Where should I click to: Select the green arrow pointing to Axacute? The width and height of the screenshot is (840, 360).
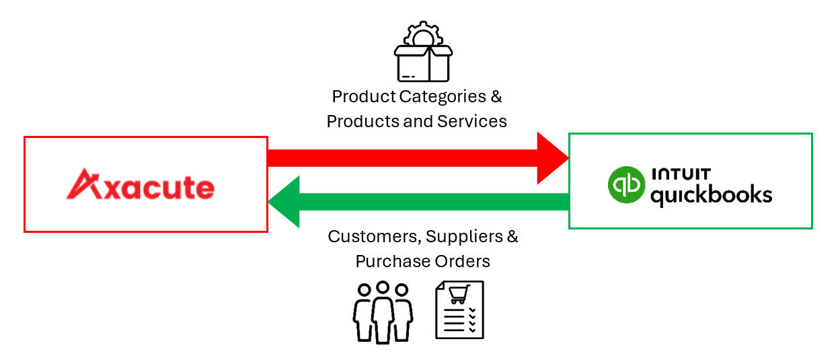(417, 202)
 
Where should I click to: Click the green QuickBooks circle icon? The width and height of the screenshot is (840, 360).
(625, 184)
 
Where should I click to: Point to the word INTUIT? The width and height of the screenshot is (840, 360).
(681, 174)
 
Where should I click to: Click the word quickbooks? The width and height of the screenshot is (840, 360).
(710, 196)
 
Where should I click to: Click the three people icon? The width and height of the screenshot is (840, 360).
(383, 312)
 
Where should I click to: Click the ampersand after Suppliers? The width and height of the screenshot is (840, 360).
(512, 237)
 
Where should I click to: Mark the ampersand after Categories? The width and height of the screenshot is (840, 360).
(496, 96)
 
